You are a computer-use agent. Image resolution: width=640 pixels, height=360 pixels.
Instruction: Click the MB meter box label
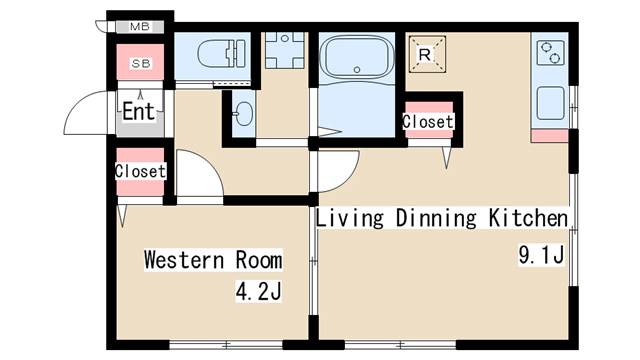tap(140, 27)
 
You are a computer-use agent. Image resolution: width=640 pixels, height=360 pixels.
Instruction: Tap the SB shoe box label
tap(141, 63)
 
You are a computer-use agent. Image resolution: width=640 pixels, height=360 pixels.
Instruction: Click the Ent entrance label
tap(139, 111)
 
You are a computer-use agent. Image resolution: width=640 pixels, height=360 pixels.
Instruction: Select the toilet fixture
tap(222, 53)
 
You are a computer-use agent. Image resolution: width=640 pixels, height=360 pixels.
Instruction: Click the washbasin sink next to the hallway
tap(244, 113)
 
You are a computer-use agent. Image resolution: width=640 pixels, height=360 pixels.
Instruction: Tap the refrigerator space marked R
tap(427, 54)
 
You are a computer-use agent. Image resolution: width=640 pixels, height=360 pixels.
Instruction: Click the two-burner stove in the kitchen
tap(549, 53)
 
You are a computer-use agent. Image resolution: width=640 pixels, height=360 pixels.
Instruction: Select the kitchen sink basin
tap(550, 103)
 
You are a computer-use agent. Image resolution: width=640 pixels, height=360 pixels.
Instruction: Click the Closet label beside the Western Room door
tap(140, 171)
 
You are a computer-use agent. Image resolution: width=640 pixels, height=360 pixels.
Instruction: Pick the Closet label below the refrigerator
tap(428, 122)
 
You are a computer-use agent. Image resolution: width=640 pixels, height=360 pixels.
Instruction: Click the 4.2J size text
tap(259, 292)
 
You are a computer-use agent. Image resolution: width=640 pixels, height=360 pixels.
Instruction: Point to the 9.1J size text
tap(541, 254)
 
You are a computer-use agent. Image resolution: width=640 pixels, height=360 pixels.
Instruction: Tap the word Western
tap(184, 260)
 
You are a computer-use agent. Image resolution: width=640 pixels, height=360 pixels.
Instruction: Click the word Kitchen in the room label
tap(529, 218)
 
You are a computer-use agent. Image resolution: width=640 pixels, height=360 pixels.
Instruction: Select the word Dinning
tap(436, 218)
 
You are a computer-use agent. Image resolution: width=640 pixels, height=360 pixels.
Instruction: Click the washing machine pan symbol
tap(285, 50)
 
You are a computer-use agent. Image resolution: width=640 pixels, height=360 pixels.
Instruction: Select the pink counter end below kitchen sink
tap(549, 136)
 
